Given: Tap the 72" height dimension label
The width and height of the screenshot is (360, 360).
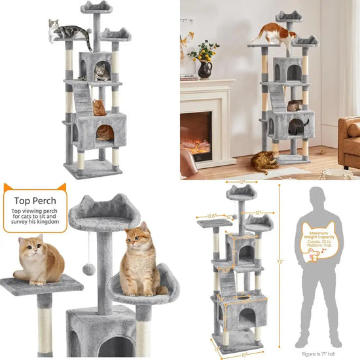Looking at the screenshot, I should tap(279, 261).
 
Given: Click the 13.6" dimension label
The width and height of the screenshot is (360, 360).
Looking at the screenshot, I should tap(211, 214).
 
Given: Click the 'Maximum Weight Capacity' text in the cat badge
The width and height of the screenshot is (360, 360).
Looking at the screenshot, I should tap(319, 235).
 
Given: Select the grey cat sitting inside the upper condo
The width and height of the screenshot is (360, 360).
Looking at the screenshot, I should tap(101, 73).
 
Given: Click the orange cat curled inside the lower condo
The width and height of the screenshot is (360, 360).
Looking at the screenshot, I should tap(105, 133).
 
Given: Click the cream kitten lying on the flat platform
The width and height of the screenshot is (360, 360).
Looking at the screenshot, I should tap(41, 261).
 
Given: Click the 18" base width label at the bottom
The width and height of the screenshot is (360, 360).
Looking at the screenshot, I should tap(244, 355).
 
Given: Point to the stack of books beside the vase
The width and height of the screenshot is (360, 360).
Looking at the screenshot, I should tap(190, 77).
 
